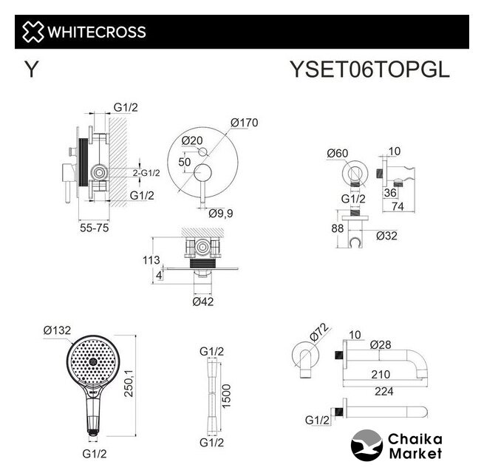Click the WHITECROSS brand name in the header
(97, 32)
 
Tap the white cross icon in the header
(33, 32)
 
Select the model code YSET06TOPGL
(369, 69)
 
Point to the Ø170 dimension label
(244, 123)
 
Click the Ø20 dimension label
(192, 140)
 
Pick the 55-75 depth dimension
(94, 228)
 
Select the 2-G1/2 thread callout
(146, 173)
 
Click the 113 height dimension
(151, 260)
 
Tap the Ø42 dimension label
(203, 302)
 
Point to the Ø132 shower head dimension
(57, 330)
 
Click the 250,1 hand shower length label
(129, 383)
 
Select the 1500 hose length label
(226, 396)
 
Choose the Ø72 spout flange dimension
(318, 332)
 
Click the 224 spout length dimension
(384, 392)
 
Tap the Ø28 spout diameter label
(381, 344)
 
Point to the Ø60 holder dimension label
(338, 153)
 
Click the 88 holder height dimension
(338, 228)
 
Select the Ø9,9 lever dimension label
(221, 214)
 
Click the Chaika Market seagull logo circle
(367, 445)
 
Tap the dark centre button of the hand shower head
(93, 361)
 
